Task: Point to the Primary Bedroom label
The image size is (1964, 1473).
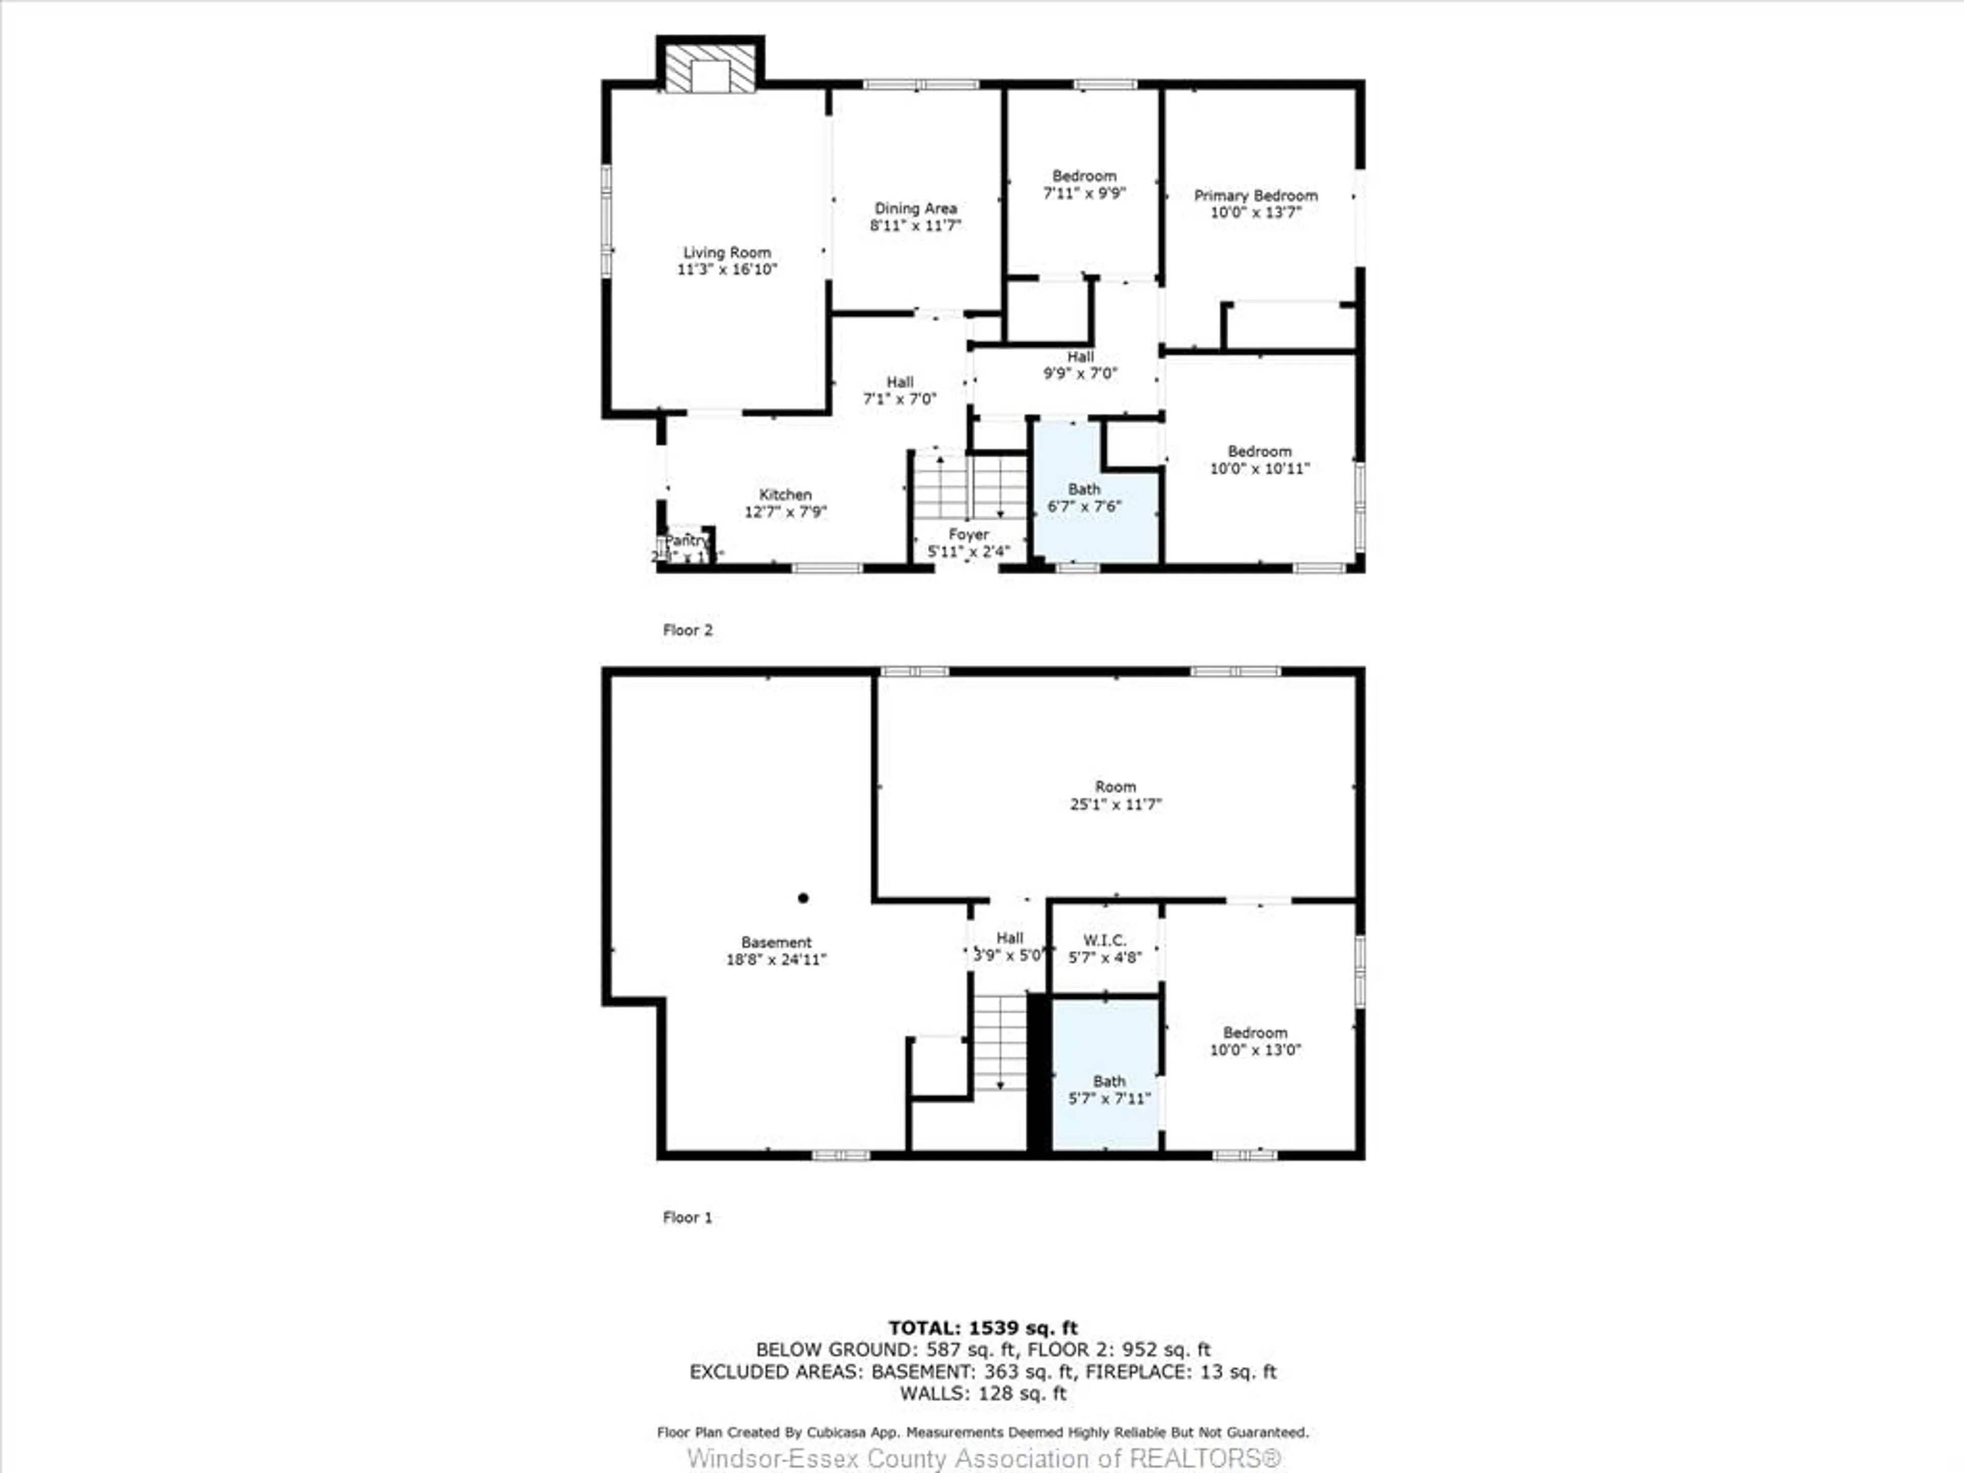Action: [1256, 195]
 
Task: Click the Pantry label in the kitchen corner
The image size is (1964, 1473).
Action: [686, 541]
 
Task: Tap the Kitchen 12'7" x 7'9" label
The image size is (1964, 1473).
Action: [785, 503]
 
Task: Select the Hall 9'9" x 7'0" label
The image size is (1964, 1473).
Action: [1080, 365]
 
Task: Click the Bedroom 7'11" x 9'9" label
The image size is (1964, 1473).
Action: [1084, 184]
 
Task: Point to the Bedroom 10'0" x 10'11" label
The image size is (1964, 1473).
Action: [1259, 460]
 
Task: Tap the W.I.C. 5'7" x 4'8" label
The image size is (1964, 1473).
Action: [1105, 948]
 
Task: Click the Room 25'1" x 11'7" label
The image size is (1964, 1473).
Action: [1115, 795]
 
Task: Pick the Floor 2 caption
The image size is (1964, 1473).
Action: [687, 631]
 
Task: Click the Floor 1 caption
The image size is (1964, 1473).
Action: [687, 1217]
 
